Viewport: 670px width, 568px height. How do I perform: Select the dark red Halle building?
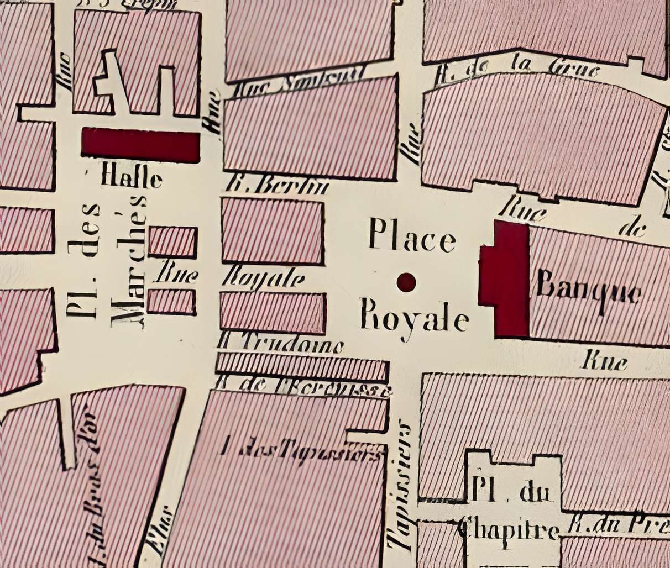(x=140, y=145)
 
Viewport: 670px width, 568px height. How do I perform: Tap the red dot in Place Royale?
(x=406, y=282)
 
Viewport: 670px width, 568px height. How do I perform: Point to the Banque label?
(x=589, y=291)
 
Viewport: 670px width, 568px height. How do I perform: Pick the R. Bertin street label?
(x=278, y=186)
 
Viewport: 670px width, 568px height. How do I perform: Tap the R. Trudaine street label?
(x=280, y=345)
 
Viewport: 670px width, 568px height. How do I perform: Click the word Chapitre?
(x=507, y=531)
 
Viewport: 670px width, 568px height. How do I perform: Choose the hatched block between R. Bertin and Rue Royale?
(x=272, y=230)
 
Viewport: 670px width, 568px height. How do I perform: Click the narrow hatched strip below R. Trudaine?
(x=301, y=365)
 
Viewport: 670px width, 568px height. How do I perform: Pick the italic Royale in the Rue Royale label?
(x=264, y=278)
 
